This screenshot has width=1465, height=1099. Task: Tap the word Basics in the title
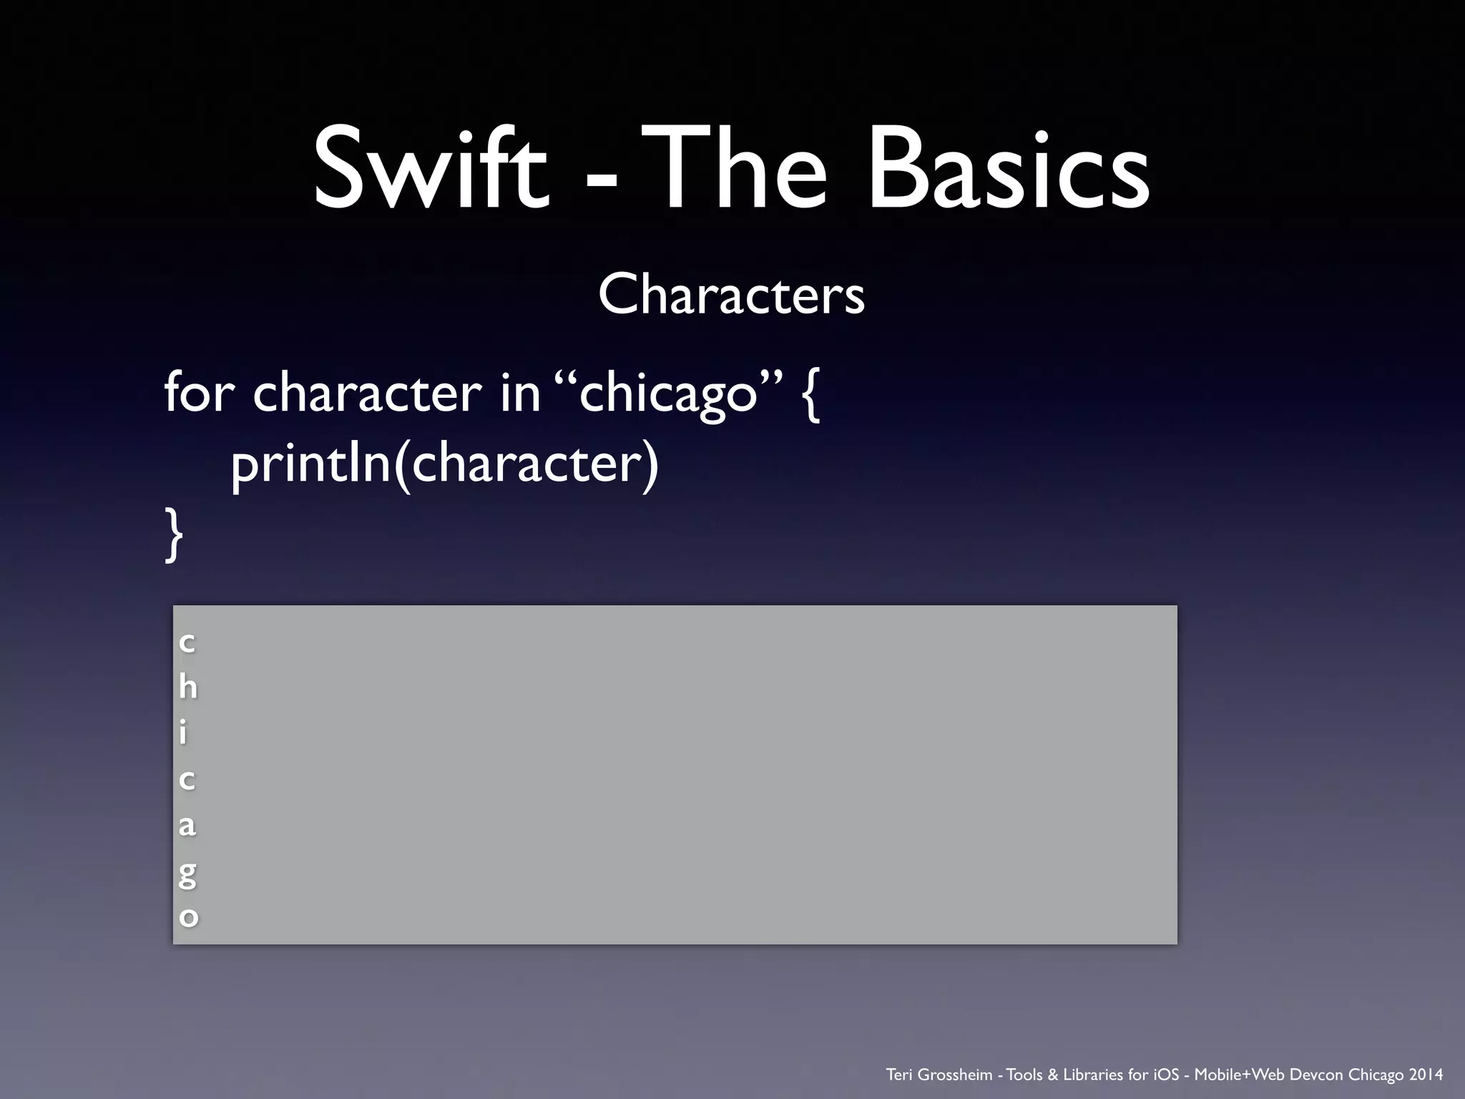[x=1008, y=170]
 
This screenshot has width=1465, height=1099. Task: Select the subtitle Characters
[x=731, y=294]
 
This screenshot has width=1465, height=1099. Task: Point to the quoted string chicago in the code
[x=669, y=394]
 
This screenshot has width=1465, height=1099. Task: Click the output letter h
[x=188, y=687]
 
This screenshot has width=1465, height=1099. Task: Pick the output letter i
[x=183, y=732]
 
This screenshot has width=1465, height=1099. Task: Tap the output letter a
[x=187, y=825]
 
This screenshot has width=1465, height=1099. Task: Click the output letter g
[x=187, y=873]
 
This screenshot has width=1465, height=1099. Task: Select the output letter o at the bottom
[x=188, y=917]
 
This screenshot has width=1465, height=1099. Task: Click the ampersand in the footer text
[x=1052, y=1074]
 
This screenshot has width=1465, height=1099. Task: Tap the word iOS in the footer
[x=1166, y=1074]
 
